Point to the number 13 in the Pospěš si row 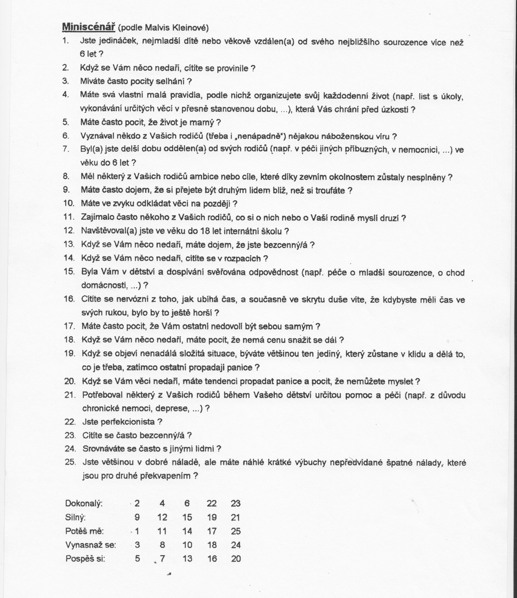tap(187, 559)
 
